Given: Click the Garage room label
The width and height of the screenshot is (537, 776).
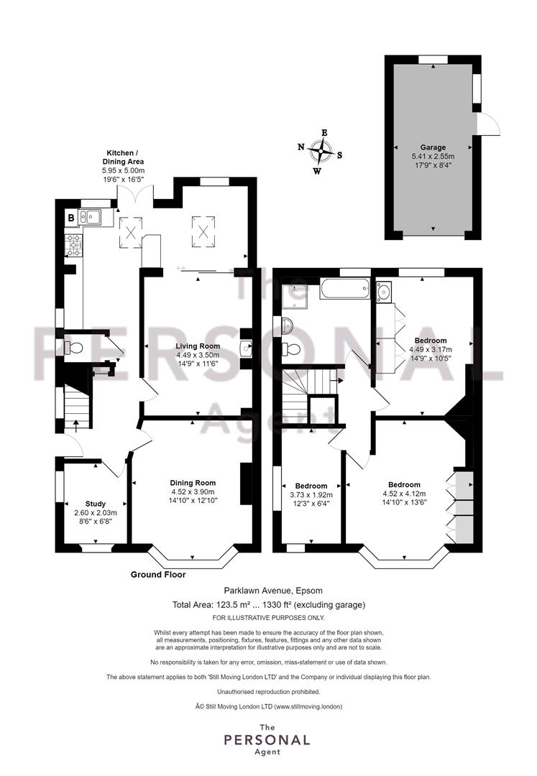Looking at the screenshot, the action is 433,147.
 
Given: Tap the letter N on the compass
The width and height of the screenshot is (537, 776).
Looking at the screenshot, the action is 300,147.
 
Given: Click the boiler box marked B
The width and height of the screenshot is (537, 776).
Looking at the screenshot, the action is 71,218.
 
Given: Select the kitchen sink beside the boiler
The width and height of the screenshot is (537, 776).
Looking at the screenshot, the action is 89,217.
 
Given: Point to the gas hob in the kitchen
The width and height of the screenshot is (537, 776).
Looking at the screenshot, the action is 74,246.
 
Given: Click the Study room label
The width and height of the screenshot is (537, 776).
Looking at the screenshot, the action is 96,504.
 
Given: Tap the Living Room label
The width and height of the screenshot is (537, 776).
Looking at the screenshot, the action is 198,346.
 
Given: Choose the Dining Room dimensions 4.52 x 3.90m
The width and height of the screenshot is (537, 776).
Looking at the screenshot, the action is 193,492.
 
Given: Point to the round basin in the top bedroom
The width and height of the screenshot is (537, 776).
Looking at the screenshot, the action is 384,292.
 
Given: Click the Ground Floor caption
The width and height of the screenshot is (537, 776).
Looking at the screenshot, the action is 158,575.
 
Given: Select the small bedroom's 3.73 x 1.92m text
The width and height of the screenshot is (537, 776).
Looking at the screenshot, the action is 311,495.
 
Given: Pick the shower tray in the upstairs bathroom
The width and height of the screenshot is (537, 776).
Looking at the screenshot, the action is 295,296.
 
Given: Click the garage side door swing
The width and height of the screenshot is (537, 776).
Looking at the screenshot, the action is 489,124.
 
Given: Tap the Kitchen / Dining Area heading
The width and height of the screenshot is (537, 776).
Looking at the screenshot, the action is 123,157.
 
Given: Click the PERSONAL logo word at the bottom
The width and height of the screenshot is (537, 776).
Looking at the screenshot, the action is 267,740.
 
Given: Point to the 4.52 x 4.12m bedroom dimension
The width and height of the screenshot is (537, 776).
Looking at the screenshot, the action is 404,494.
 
